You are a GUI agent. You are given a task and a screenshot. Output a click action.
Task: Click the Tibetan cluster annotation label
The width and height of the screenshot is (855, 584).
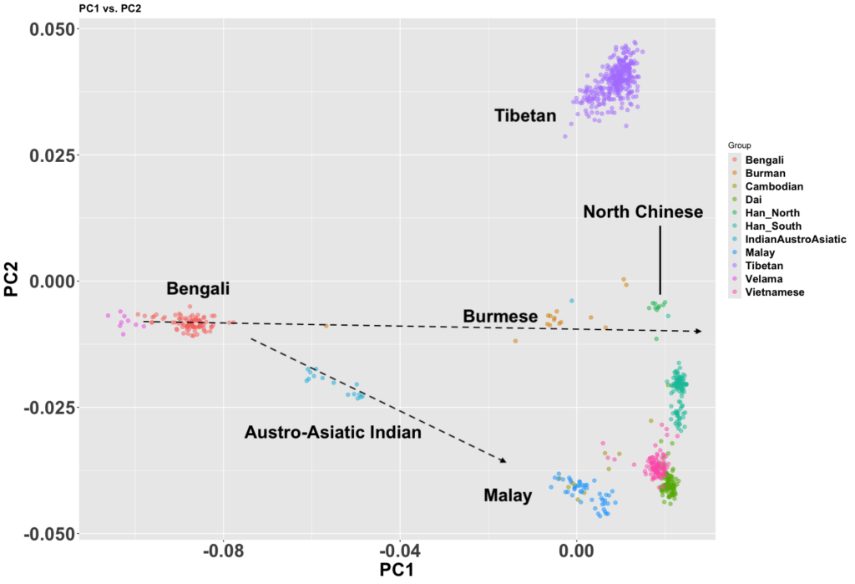[x=524, y=115]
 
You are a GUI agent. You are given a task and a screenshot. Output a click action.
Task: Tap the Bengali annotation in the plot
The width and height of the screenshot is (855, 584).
[x=198, y=290]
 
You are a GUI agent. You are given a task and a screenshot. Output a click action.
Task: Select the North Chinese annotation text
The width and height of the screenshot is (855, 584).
[x=643, y=212]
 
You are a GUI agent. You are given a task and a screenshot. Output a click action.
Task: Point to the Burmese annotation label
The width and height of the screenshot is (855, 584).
[x=499, y=317]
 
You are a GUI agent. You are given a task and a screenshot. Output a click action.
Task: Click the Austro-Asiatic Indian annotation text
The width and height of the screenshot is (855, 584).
[x=332, y=433]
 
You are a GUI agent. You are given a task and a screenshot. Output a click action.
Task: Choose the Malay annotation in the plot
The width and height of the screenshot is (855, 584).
[x=508, y=495]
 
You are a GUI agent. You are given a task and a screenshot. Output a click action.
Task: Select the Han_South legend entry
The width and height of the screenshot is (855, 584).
[x=773, y=226]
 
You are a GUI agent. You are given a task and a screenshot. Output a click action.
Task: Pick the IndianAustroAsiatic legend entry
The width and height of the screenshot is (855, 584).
[x=789, y=239]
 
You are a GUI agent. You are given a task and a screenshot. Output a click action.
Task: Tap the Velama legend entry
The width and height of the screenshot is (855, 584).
[x=764, y=278]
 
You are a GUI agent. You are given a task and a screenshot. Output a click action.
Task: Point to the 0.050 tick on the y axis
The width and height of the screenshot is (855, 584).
[x=53, y=29]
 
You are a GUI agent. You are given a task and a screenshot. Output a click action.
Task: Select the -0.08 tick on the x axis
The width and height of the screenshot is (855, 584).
[x=223, y=551]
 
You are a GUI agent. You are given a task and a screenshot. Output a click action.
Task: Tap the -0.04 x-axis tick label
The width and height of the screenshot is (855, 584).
[x=399, y=551]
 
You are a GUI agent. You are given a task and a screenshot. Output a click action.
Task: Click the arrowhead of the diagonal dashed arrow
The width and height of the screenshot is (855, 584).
[x=503, y=460]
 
